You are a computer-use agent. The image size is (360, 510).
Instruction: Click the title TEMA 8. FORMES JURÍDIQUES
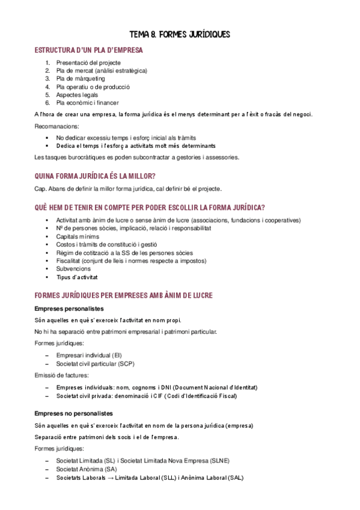point(180,34)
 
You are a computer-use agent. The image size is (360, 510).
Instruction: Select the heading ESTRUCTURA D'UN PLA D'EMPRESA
point(88,50)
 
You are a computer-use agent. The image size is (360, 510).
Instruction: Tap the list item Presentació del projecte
point(88,63)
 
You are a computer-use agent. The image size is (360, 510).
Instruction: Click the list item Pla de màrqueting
point(80,78)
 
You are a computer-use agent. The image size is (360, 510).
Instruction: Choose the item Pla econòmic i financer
point(87,102)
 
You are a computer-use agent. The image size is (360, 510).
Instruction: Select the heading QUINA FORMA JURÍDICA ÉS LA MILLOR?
point(96,176)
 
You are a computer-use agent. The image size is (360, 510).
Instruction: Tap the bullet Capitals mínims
point(78,236)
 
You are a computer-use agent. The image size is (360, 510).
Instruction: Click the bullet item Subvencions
point(73,269)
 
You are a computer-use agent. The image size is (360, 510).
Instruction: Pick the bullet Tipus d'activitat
point(77,277)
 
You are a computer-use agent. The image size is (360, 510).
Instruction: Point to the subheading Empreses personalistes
point(69,309)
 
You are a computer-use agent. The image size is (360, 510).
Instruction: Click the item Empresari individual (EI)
point(88,355)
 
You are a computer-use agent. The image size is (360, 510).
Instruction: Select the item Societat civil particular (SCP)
point(95,364)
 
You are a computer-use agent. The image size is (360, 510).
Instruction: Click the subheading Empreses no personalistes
point(73,414)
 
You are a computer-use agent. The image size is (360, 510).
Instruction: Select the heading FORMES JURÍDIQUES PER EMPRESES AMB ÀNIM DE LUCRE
point(124,296)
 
